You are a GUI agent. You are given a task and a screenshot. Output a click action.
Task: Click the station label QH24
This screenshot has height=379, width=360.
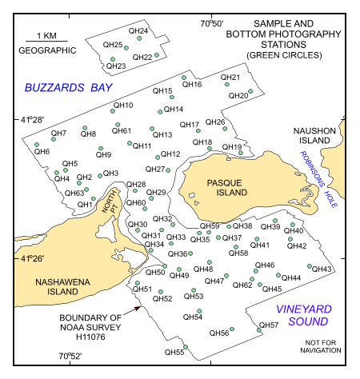coord(138,31)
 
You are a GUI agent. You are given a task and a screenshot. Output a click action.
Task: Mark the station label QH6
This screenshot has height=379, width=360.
coord(42,151)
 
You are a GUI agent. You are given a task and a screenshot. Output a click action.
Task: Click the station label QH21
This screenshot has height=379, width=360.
coord(230,78)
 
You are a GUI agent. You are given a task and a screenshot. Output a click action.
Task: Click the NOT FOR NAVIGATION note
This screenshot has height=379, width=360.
coord(313,347)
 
